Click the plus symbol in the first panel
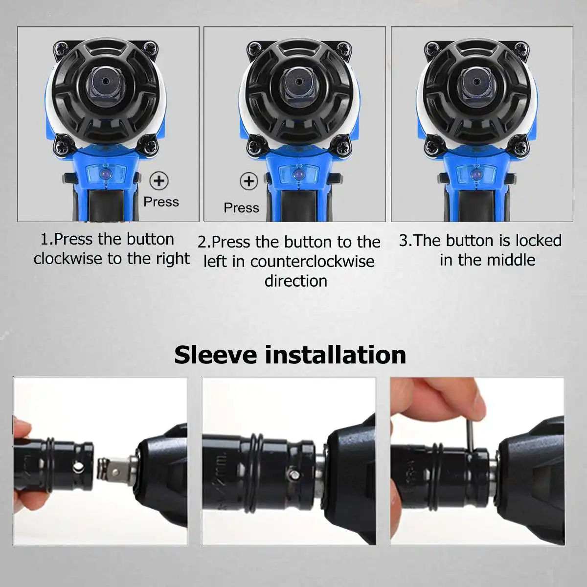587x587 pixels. click(158, 181)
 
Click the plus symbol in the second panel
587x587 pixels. click(248, 181)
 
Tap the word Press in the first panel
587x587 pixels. click(161, 202)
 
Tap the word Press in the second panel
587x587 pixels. click(241, 208)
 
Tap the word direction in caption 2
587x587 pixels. click(296, 281)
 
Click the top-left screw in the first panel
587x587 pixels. click(62, 48)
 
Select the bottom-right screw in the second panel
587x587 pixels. click(341, 145)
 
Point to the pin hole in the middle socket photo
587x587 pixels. click(292, 474)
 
